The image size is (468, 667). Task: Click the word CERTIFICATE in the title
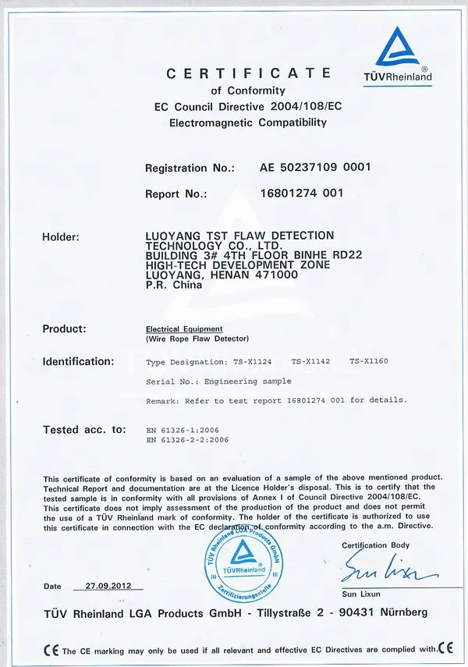(249, 73)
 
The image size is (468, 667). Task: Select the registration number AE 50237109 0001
(314, 168)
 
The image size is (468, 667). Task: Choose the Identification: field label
(78, 362)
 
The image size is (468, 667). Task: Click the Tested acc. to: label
(83, 429)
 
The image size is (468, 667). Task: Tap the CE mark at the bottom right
(446, 648)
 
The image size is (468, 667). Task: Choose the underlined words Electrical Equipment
(184, 329)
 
